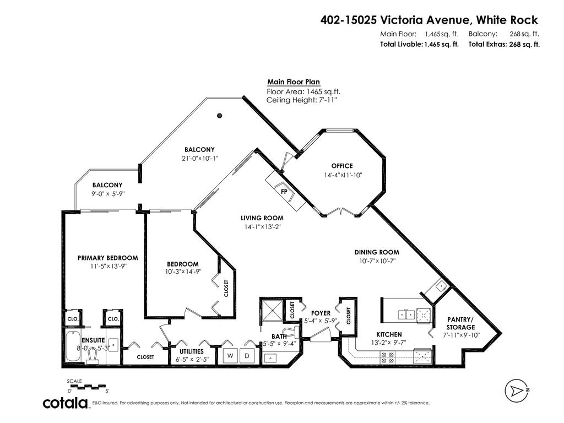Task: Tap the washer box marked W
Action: [x=229, y=356]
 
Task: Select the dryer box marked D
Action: [x=247, y=356]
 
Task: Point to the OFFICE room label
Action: [x=341, y=166]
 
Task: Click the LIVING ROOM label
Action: [x=262, y=218]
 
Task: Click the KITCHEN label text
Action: [x=389, y=334]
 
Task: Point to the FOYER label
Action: [x=321, y=313]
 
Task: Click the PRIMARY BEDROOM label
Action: [x=107, y=258]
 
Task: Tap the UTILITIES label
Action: [x=191, y=351]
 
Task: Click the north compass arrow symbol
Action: [x=517, y=391]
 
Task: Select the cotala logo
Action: [x=66, y=403]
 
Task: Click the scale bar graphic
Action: [x=88, y=386]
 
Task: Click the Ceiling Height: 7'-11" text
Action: [x=301, y=100]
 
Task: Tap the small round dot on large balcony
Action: [x=219, y=115]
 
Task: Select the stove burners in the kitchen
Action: [x=387, y=355]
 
